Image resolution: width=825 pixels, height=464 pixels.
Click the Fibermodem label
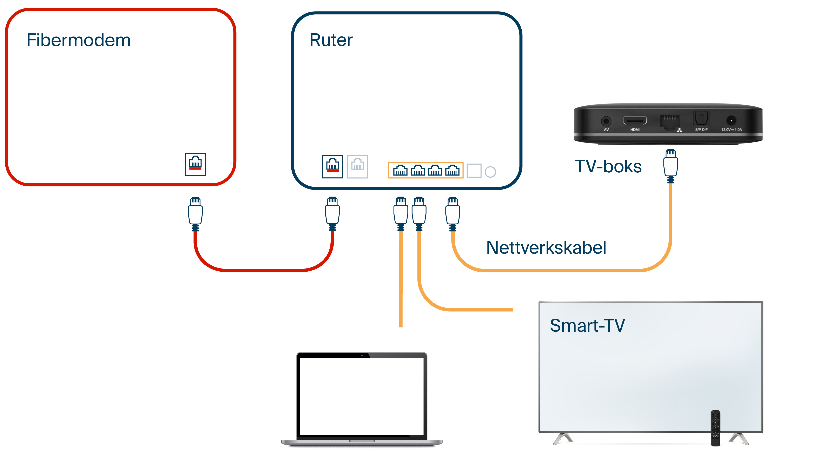click(x=78, y=40)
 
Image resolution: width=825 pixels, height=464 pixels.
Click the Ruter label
click(x=331, y=40)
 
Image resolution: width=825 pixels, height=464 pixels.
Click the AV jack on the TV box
click(x=606, y=121)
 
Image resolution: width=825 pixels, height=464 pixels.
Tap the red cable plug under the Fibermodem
click(x=195, y=213)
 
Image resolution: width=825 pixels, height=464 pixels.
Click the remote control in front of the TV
click(x=715, y=428)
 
